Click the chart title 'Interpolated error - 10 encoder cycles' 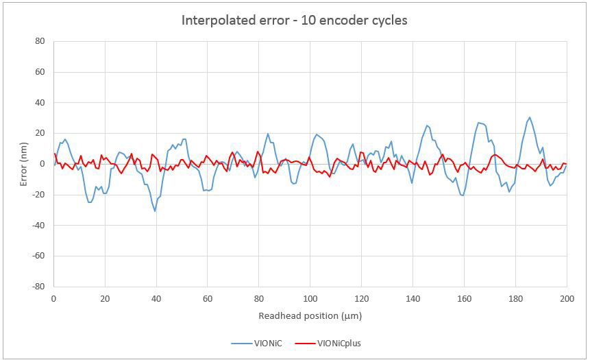point(295,20)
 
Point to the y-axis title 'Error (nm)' point(23,163)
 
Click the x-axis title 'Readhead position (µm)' point(310,316)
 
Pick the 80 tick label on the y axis point(40,41)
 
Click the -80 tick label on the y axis point(39,287)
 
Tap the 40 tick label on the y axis point(40,103)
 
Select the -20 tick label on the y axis point(39,195)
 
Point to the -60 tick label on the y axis point(39,256)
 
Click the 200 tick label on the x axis point(567,299)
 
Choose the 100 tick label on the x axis point(310,299)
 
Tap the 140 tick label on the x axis point(413,299)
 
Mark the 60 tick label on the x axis point(208,299)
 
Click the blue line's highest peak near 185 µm point(529,117)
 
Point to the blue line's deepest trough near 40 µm point(155,211)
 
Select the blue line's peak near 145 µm point(427,125)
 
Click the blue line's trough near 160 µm point(463,195)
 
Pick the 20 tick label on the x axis point(105,299)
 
